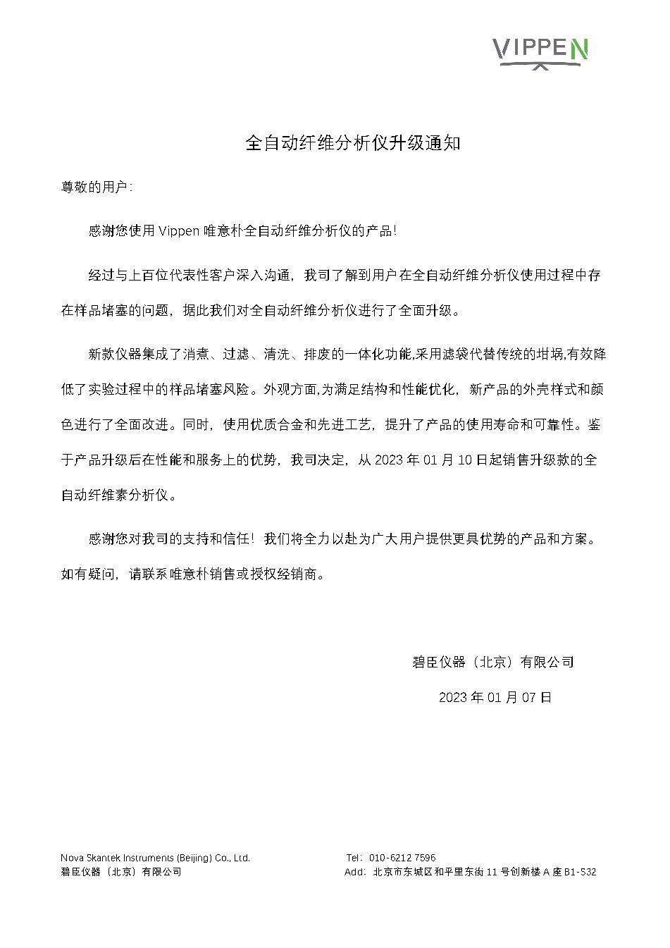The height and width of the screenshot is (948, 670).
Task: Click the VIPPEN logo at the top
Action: click(539, 50)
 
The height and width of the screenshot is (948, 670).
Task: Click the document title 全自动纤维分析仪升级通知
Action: click(352, 143)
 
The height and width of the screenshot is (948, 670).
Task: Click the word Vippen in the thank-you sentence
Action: click(179, 230)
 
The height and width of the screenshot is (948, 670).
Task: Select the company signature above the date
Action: click(492, 662)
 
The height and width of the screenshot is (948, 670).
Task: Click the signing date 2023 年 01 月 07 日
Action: click(495, 697)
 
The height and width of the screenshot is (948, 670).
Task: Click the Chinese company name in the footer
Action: click(120, 872)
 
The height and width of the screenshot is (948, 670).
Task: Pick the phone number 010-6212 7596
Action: click(402, 858)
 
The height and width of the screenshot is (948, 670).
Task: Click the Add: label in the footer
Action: click(354, 872)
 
